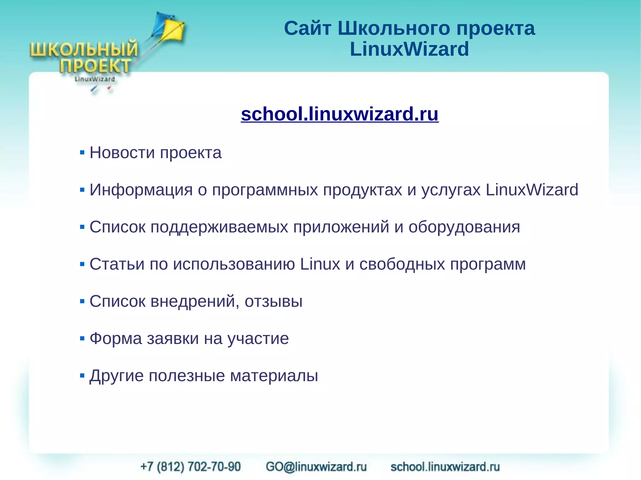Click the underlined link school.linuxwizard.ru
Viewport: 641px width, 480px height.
tap(340, 114)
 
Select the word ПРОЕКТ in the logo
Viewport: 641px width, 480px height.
tap(95, 66)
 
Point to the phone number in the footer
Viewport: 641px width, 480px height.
tap(191, 467)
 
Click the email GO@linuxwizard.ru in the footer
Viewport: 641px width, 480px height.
tap(316, 467)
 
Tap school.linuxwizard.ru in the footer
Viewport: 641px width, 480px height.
tap(445, 467)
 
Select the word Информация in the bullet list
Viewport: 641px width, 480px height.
tap(141, 190)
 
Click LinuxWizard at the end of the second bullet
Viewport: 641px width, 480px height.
tap(532, 190)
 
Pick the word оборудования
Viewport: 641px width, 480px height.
tap(464, 227)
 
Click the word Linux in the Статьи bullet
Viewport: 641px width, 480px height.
tap(320, 264)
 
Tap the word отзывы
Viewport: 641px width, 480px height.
tap(274, 301)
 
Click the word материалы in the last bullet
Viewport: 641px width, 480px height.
tap(274, 376)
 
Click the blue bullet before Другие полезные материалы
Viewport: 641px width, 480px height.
tap(82, 375)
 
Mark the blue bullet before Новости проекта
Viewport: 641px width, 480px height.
tap(82, 153)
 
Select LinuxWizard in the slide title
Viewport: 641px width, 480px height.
tap(409, 49)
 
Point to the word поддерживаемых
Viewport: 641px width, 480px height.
tap(219, 227)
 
